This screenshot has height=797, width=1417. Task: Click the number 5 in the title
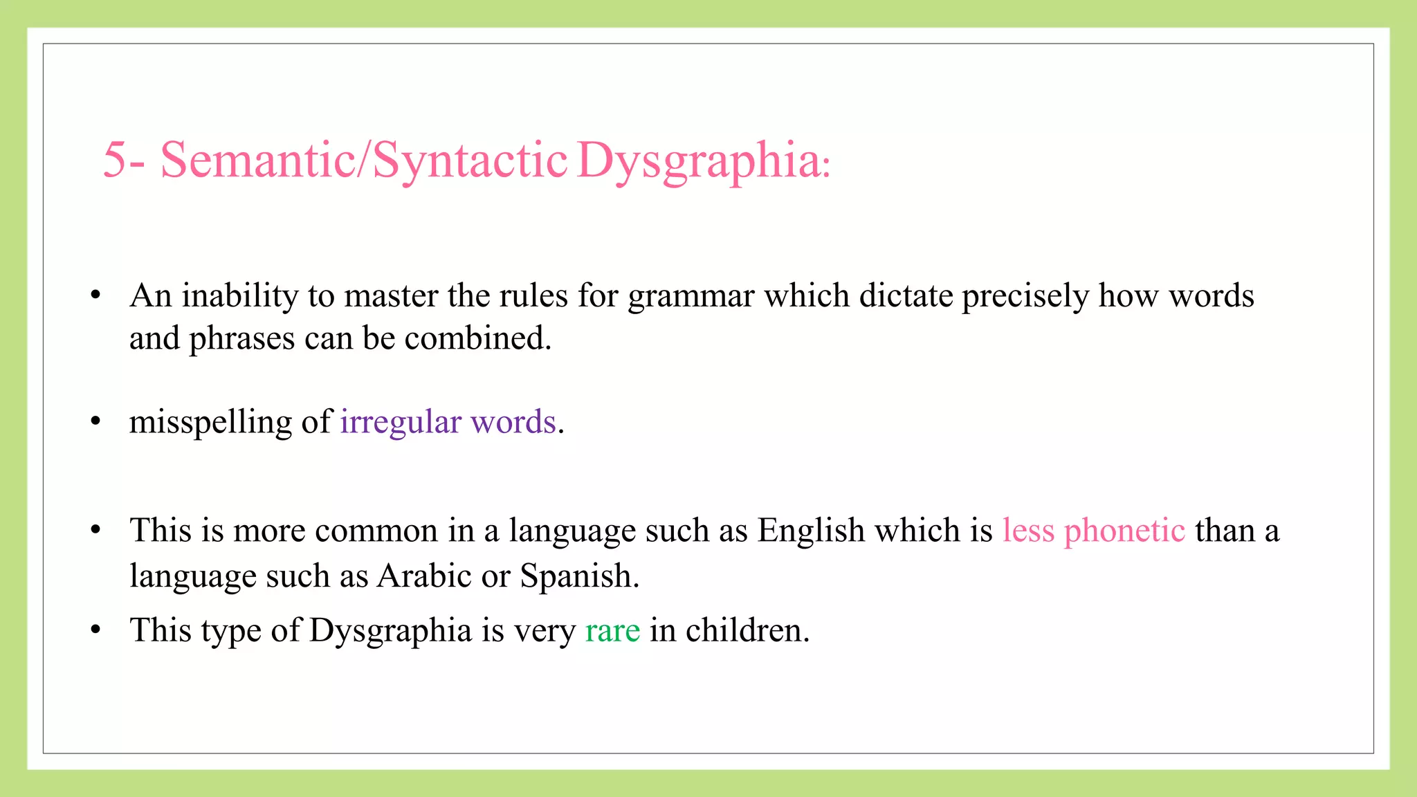tap(115, 161)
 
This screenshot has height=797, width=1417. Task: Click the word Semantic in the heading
tap(257, 161)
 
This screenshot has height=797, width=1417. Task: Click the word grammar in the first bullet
tap(691, 297)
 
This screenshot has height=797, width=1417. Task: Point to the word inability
tap(239, 297)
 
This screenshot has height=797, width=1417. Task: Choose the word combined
tap(477, 339)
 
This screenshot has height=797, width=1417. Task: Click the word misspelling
tap(210, 423)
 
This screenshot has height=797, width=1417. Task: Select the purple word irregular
tap(401, 423)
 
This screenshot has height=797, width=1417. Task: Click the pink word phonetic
tap(1124, 531)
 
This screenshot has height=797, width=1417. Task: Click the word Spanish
tap(579, 576)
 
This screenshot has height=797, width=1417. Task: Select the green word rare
tap(612, 631)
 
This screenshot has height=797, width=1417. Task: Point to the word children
tap(747, 631)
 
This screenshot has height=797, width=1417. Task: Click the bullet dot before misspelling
tap(96, 421)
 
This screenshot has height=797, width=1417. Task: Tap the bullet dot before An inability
tap(96, 295)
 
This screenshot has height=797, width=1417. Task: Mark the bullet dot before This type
tap(96, 630)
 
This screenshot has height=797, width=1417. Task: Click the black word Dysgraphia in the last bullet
tap(390, 631)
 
